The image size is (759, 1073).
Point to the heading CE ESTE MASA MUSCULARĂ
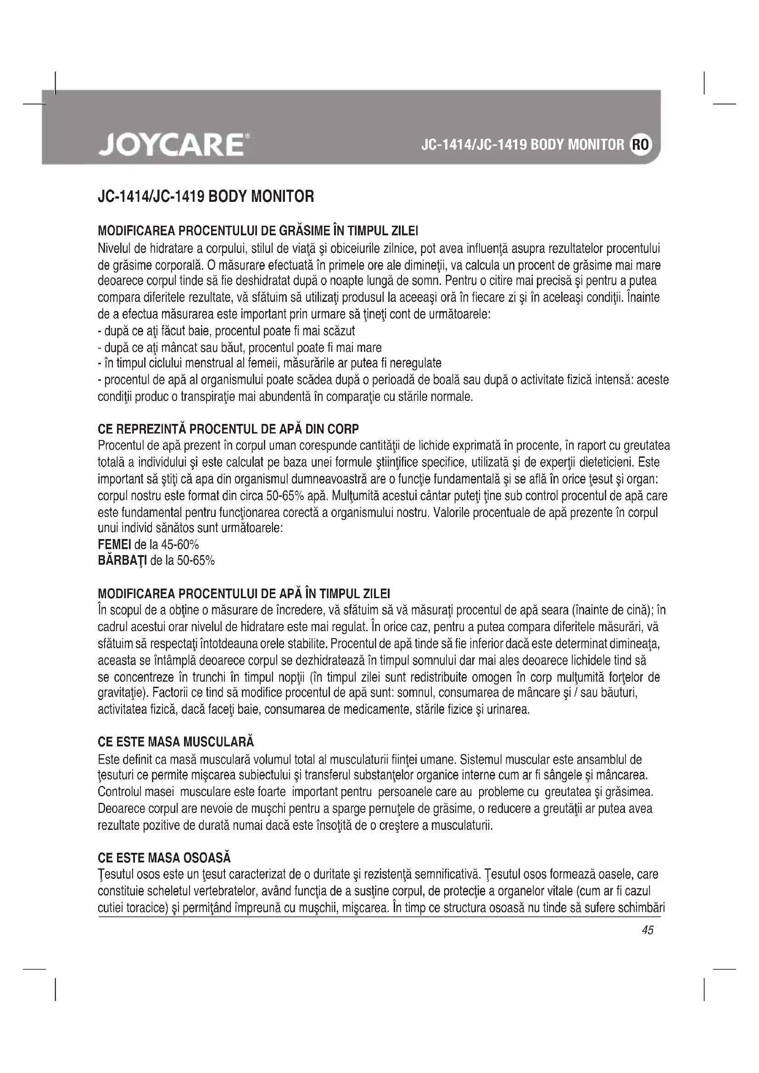(176, 742)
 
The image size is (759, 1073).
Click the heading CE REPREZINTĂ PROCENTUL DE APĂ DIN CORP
(228, 429)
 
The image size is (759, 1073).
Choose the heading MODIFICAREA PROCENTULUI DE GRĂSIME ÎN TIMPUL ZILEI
(258, 231)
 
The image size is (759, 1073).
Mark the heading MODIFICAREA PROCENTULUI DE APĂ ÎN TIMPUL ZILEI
(244, 594)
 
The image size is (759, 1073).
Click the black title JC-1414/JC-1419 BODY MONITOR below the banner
(206, 196)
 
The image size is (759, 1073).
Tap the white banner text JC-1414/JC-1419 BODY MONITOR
(523, 145)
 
